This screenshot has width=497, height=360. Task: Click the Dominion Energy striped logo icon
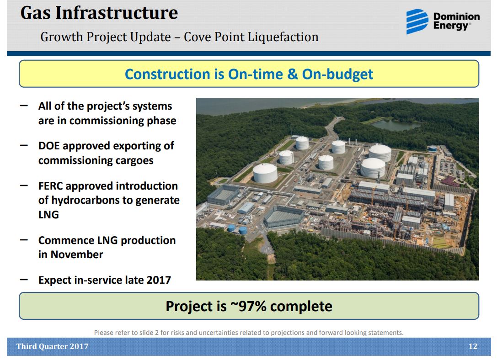click(x=417, y=21)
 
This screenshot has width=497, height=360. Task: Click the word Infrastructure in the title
click(x=117, y=13)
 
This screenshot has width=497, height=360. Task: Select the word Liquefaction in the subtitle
click(x=283, y=37)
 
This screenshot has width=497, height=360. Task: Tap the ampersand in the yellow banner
click(x=292, y=74)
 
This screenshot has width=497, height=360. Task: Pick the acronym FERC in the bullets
click(x=50, y=186)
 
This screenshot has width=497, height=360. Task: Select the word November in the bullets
click(x=77, y=254)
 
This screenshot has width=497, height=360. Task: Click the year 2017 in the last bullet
click(x=159, y=280)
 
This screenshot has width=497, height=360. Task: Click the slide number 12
click(x=473, y=346)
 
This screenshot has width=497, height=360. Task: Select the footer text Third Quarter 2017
click(x=52, y=346)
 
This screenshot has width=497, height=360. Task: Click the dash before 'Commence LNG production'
click(x=24, y=240)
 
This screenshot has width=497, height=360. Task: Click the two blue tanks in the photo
click(x=237, y=228)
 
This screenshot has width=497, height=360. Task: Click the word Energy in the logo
click(x=451, y=26)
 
